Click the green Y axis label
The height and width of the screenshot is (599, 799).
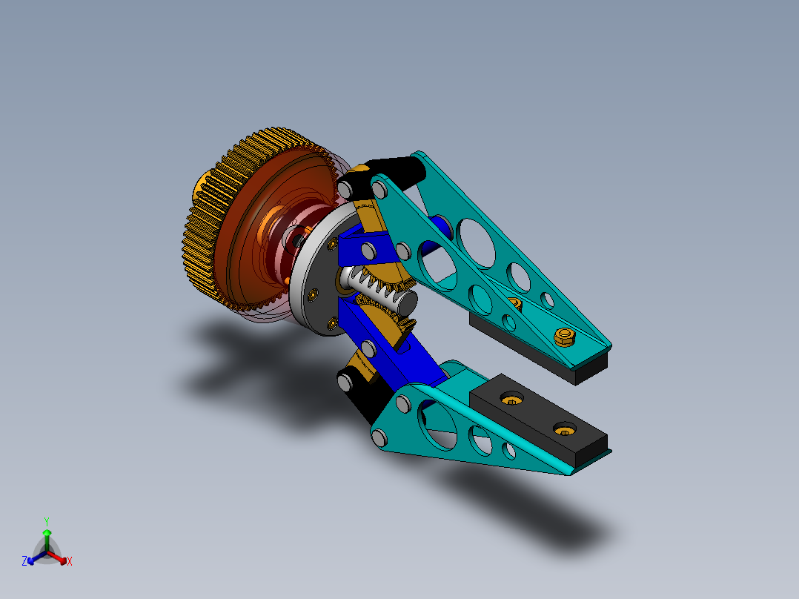(x=46, y=521)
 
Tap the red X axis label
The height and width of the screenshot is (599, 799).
(x=70, y=562)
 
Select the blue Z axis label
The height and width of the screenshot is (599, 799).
(x=24, y=561)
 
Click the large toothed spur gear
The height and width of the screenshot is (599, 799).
(x=215, y=222)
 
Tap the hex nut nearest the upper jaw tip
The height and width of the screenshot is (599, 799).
(x=565, y=337)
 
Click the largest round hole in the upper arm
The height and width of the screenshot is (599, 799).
(x=478, y=242)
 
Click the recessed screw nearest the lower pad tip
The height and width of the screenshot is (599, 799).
(x=566, y=428)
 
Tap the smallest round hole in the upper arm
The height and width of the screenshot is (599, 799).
(x=547, y=299)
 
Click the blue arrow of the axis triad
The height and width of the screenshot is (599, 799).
(x=33, y=558)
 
